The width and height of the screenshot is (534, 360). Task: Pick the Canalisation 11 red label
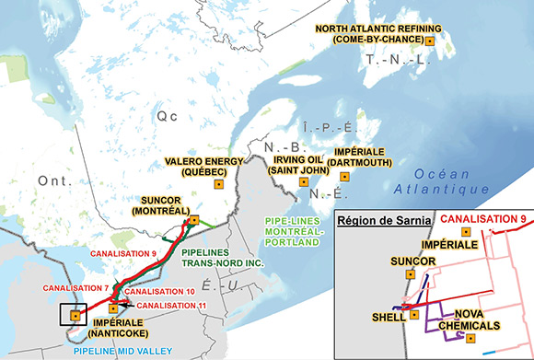pyautogui.click(x=171, y=304)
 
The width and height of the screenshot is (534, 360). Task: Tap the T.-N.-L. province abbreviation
pyautogui.click(x=399, y=60)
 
